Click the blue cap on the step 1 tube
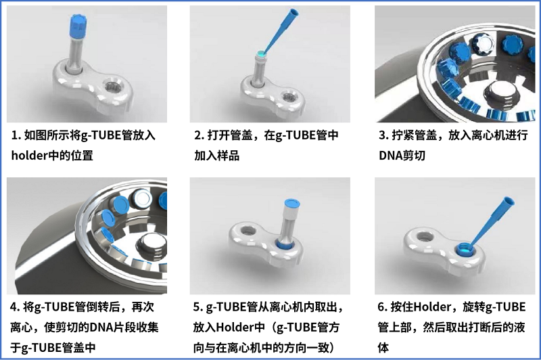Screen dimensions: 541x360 pyautogui.click(x=78, y=26)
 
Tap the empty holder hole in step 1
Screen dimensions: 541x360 pyautogui.click(x=113, y=87)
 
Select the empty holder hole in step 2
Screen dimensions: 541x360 pyautogui.click(x=289, y=97)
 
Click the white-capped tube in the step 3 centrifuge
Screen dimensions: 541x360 pyautogui.click(x=484, y=45)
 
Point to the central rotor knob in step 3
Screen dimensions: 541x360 pyautogui.click(x=502, y=94)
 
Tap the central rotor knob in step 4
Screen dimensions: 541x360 pyautogui.click(x=152, y=244)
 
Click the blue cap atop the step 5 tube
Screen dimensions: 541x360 pyautogui.click(x=291, y=204)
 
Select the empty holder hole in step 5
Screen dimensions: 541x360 pyautogui.click(x=248, y=230)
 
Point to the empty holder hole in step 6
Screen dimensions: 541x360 pyautogui.click(x=425, y=237)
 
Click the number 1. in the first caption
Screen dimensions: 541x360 pyautogui.click(x=16, y=135)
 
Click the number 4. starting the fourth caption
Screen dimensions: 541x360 pyautogui.click(x=16, y=307)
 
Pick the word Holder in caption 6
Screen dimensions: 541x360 pyautogui.click(x=432, y=307)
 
